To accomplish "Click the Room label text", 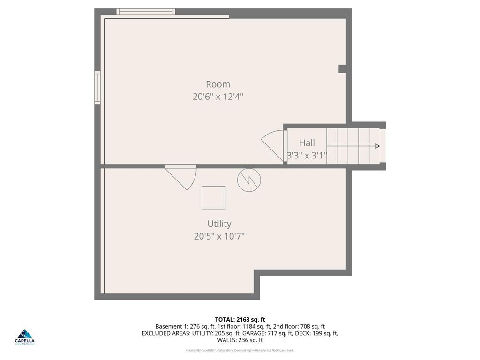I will click(218, 84).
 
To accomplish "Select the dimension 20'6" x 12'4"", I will click(218, 97).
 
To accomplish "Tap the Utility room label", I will click(219, 224).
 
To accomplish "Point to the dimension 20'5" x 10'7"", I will click(219, 236).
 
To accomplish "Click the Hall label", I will click(307, 143).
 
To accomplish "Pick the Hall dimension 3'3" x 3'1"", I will click(307, 155).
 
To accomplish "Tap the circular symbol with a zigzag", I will click(249, 180).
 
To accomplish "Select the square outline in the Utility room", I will click(213, 198).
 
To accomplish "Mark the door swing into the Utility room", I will click(183, 177).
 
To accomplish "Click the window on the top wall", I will click(145, 11).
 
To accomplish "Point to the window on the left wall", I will click(97, 87).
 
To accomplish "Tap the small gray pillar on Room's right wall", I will click(343, 69).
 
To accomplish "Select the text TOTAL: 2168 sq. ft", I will click(240, 319).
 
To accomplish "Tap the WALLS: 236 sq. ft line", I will click(240, 340).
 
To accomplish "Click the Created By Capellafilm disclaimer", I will click(240, 350).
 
